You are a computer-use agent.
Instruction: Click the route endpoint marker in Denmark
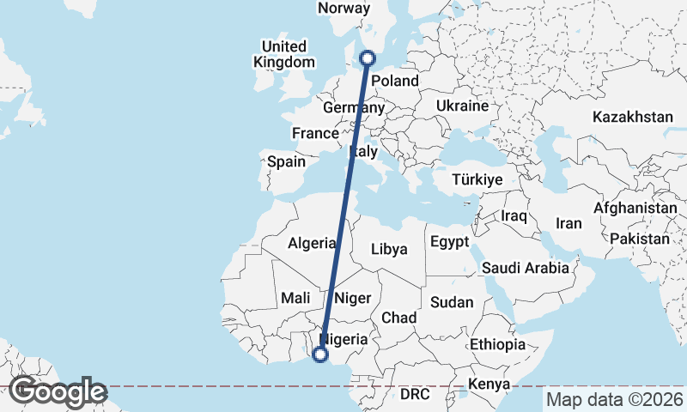click(x=368, y=58)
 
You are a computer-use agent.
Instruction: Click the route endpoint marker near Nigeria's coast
click(x=321, y=354)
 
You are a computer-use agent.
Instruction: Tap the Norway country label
click(x=343, y=9)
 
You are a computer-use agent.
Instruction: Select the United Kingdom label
click(x=283, y=53)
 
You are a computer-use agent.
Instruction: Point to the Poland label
click(x=394, y=82)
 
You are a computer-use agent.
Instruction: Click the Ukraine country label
click(x=462, y=106)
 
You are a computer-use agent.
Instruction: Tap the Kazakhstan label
click(x=633, y=116)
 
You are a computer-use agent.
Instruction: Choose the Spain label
click(x=287, y=161)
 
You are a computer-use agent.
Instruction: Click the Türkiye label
click(x=477, y=180)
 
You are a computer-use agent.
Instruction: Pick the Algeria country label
click(x=312, y=243)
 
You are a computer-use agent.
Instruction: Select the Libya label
click(x=389, y=249)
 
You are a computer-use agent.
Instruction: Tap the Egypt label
click(x=449, y=241)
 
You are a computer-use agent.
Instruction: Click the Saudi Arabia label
click(x=525, y=268)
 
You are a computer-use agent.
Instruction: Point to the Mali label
click(x=295, y=298)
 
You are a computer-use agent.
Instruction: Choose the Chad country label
click(x=398, y=318)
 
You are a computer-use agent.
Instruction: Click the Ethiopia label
click(x=497, y=344)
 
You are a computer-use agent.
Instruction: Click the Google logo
click(x=58, y=392)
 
